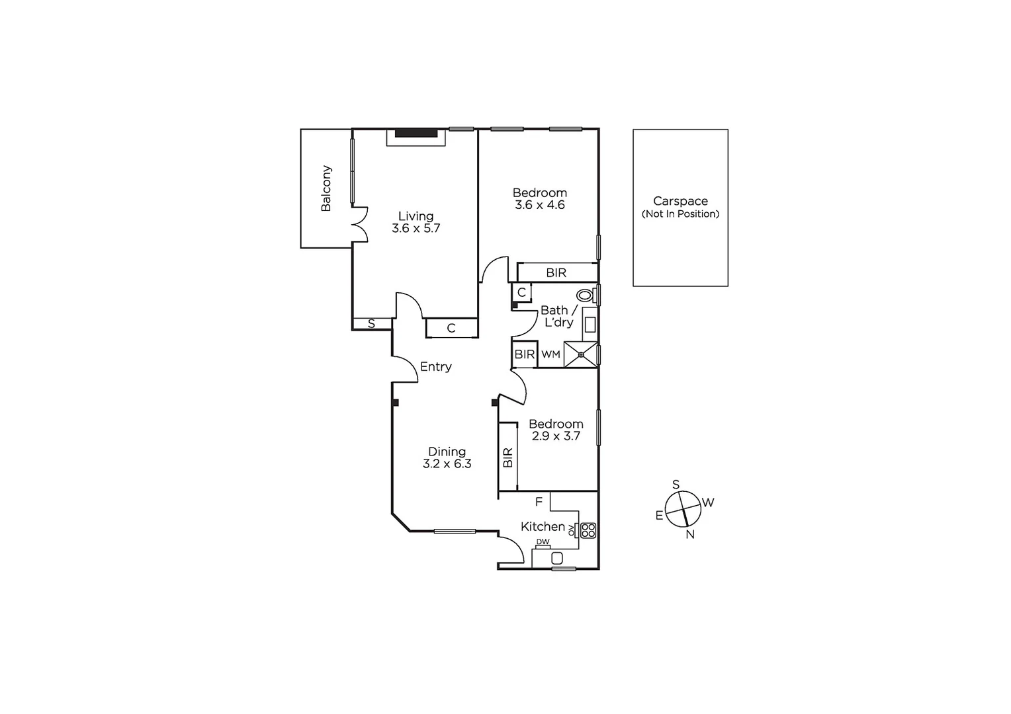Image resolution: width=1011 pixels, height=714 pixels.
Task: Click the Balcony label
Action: tap(326, 188)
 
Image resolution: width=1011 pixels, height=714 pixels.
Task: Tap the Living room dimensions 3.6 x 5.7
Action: tap(416, 229)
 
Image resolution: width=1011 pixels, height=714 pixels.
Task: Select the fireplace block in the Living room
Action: tap(417, 133)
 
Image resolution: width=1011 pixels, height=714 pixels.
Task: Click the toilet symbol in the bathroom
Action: tap(585, 295)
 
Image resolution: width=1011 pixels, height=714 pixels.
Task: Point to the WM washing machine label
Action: tap(550, 355)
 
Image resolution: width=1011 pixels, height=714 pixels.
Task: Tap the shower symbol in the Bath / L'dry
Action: tap(580, 354)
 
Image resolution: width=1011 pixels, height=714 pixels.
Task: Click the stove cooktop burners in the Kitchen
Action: tap(588, 530)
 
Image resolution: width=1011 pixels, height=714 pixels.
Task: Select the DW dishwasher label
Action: tap(543, 542)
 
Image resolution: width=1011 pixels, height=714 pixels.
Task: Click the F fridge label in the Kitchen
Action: tap(539, 502)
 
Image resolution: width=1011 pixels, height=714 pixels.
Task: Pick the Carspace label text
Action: tap(680, 201)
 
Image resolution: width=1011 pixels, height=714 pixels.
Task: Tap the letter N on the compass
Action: tap(690, 535)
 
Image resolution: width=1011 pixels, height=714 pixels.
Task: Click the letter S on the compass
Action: tap(676, 485)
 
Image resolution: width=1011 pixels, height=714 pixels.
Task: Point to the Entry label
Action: tap(436, 367)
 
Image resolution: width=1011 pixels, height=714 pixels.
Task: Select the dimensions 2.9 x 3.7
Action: tap(556, 436)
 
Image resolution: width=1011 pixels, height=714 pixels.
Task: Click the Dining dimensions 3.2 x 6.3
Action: tap(447, 464)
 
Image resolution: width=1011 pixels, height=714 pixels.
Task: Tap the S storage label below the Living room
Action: tap(371, 324)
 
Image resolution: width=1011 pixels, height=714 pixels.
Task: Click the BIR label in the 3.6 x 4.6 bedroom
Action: tap(556, 272)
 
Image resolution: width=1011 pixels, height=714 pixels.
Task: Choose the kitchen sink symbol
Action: tap(557, 558)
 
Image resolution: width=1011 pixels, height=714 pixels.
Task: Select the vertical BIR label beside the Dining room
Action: tap(507, 457)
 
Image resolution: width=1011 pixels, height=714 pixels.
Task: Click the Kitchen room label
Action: tap(543, 527)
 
